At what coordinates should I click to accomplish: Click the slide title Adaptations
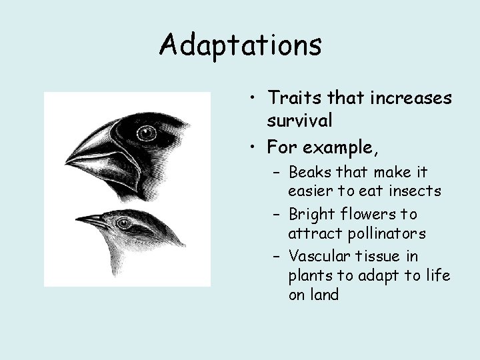pos(241,45)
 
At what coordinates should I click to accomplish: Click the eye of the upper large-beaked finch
pos(146,134)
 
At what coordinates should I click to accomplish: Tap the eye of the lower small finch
pos(124,223)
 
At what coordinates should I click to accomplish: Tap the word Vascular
pos(316,256)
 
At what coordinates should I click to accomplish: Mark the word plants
pos(309,276)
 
